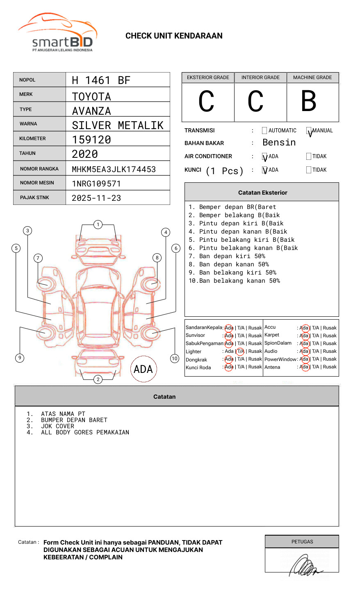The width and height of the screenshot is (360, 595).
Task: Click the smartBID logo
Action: pos(57,33)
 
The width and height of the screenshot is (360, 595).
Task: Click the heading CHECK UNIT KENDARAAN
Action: pos(174,36)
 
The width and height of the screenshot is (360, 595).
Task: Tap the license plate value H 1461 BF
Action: pos(101,80)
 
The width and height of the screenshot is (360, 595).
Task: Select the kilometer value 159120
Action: pos(91,140)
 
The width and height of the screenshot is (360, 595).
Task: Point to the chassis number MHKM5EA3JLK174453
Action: pos(114,169)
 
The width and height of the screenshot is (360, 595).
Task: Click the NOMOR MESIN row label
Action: pos(37,183)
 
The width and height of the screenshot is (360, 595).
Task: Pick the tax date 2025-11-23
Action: pos(96,198)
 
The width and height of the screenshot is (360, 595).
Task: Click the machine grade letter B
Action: pos(308,101)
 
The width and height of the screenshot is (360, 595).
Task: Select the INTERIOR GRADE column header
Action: pos(260,77)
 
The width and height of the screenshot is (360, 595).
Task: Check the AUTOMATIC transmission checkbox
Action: pos(264,131)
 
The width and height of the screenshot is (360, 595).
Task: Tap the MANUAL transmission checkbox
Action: pos(309,131)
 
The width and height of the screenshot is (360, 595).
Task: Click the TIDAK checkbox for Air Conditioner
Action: pos(309,156)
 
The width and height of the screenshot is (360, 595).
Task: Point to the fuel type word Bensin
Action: pos(279,143)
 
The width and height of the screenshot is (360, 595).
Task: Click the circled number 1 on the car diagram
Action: pos(98,225)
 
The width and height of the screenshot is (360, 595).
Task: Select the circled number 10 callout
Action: pos(175,359)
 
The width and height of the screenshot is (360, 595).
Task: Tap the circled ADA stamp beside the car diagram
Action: pos(143,369)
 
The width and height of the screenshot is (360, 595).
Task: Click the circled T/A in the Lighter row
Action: pos(240,351)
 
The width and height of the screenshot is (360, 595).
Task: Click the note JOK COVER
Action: pos(57,426)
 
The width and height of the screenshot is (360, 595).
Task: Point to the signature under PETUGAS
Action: pos(304,565)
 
